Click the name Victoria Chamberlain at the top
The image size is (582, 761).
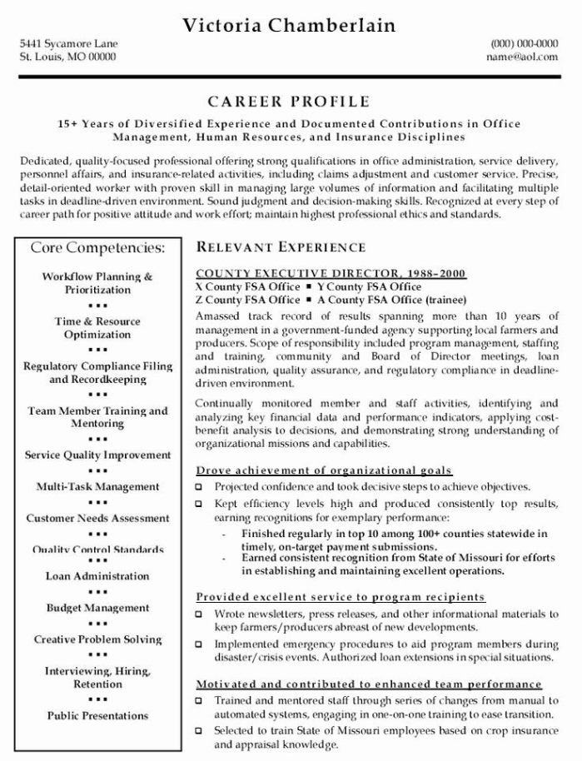[290, 25]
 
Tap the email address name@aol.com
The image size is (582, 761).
[522, 57]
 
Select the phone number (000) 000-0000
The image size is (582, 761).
[525, 43]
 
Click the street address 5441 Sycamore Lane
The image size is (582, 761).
[68, 43]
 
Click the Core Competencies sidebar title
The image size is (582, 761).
[97, 247]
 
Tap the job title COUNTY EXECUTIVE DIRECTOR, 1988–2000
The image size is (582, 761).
[331, 274]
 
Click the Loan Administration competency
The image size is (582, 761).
[97, 576]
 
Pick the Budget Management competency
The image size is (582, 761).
[97, 608]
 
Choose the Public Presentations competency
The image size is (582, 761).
[97, 715]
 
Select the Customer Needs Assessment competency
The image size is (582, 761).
[97, 518]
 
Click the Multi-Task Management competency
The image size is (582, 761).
[97, 486]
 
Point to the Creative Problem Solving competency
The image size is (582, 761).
[97, 639]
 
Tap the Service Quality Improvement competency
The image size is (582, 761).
[97, 455]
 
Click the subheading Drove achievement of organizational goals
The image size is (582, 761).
[324, 470]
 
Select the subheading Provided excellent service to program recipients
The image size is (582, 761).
[340, 598]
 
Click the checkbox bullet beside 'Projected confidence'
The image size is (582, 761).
[199, 486]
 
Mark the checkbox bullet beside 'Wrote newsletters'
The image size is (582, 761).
[199, 614]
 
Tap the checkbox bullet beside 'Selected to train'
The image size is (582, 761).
[199, 731]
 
